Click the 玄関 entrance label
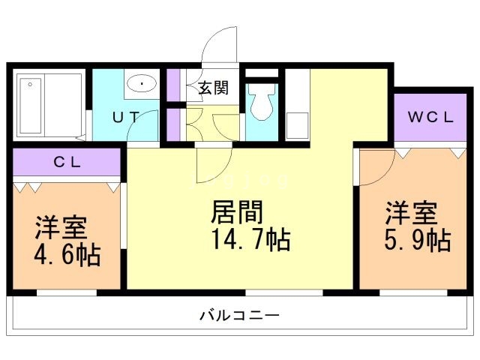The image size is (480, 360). click(213, 88)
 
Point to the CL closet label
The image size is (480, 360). click(67, 161)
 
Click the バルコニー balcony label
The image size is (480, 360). click(239, 316)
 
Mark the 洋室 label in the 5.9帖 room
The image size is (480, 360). click(411, 212)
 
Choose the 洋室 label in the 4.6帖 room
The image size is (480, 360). click(61, 227)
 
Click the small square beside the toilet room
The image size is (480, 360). click(297, 125)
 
